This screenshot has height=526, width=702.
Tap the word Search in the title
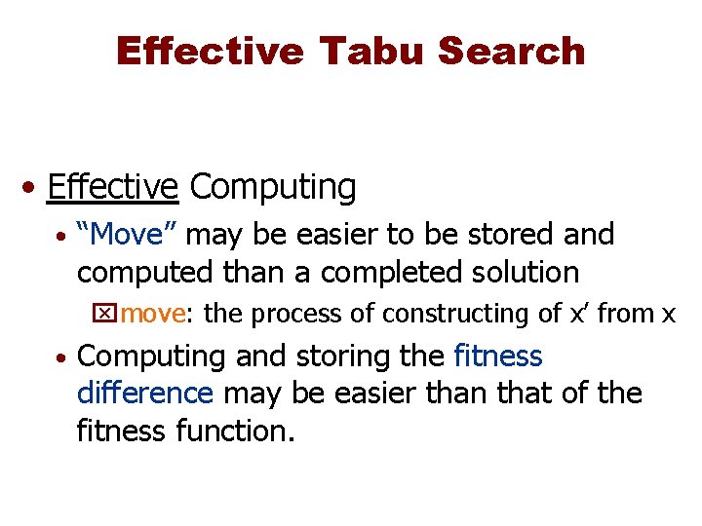(x=512, y=51)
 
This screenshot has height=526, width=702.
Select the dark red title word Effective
(x=209, y=51)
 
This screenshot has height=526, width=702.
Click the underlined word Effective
(x=112, y=187)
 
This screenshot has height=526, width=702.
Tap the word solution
(x=522, y=272)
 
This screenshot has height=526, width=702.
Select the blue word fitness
(x=497, y=357)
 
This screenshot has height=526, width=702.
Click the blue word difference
(x=145, y=394)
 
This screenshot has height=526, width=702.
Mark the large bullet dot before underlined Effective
(x=32, y=188)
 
